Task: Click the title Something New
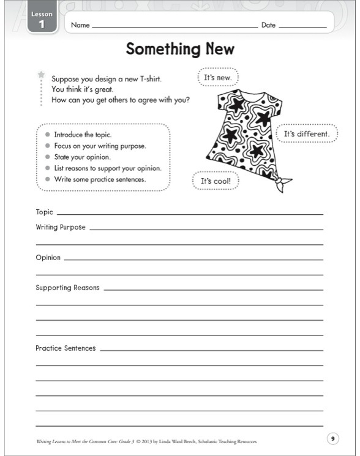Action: (180, 49)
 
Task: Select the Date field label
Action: (268, 26)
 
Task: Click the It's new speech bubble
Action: (217, 78)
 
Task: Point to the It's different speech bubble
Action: (307, 133)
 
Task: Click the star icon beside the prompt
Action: (42, 75)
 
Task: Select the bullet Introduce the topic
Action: (82, 134)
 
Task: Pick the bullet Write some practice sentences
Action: (99, 179)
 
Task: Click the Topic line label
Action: (44, 212)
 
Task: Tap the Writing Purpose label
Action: (61, 227)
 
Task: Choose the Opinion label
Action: (48, 258)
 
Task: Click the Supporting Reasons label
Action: (67, 288)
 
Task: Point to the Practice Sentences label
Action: (66, 348)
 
